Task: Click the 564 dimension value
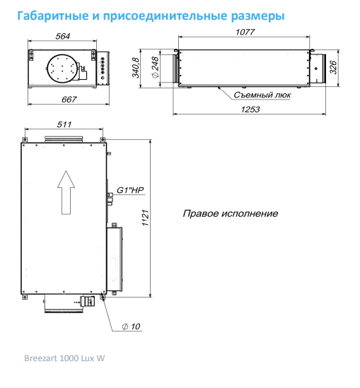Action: click(63, 36)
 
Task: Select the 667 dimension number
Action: click(69, 100)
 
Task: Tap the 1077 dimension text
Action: click(245, 33)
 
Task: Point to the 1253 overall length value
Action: click(250, 110)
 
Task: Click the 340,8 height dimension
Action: click(136, 68)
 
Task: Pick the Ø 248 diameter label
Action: click(156, 68)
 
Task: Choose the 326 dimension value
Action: click(333, 67)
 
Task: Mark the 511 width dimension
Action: click(64, 124)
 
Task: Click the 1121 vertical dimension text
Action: click(145, 218)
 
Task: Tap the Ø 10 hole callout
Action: click(132, 327)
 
